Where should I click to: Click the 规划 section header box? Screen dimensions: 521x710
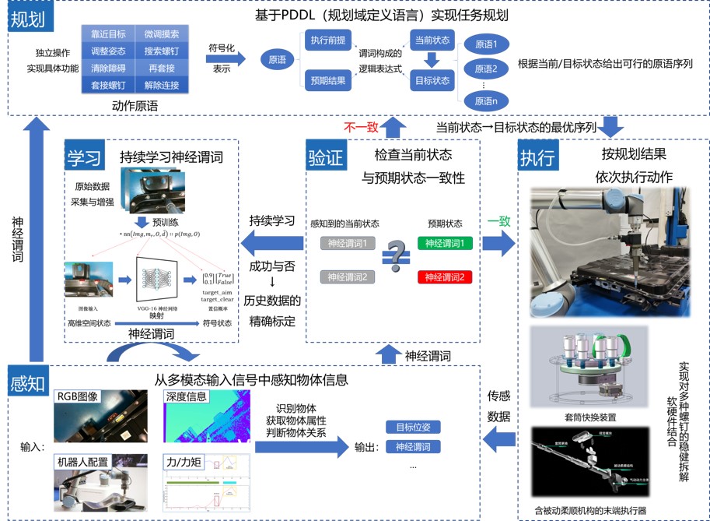[x=27, y=19]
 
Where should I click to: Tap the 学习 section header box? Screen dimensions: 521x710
[x=83, y=159]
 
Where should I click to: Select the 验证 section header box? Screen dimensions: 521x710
[x=326, y=159]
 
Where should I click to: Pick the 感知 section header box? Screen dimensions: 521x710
[x=28, y=383]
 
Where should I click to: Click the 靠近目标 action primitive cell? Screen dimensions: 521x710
[x=108, y=34]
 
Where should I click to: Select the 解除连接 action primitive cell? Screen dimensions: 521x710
[x=162, y=84]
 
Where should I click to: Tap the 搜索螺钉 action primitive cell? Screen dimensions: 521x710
[x=162, y=51]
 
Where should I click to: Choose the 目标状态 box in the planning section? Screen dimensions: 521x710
[x=431, y=79]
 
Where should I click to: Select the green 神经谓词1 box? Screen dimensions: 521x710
[x=444, y=244]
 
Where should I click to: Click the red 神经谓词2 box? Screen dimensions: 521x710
[x=444, y=277]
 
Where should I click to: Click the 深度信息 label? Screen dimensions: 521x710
[x=187, y=396]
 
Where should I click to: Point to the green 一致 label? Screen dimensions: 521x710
[x=498, y=221]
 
